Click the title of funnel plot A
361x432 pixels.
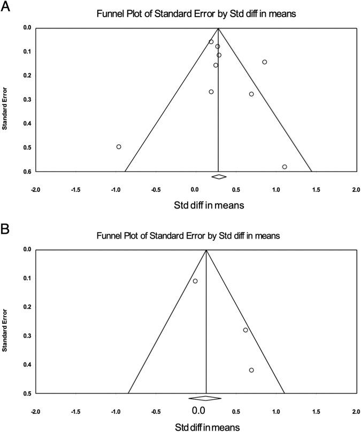coord(195,14)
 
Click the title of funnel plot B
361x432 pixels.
coord(195,236)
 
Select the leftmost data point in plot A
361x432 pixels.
coord(119,147)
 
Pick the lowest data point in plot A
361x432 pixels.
coord(285,167)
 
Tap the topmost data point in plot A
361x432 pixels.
coord(211,42)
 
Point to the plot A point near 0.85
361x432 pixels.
coord(264,62)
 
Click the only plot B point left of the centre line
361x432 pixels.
coord(195,281)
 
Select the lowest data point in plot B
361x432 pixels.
coord(251,370)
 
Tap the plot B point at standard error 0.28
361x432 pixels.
coord(245,330)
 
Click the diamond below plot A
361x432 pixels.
coord(219,176)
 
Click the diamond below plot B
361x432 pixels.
coord(205,398)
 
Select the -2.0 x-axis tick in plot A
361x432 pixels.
coord(35,190)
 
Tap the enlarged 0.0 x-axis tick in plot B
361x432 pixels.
coord(198,411)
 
